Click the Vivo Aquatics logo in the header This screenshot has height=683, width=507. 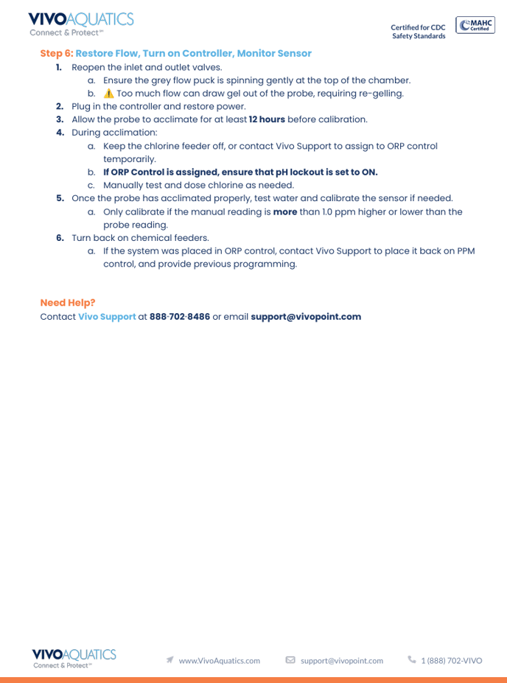(x=81, y=24)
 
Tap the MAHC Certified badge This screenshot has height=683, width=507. (x=475, y=25)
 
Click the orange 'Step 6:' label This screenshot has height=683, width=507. (x=57, y=54)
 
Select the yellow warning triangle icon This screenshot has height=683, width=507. (x=109, y=94)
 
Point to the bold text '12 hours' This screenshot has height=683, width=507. (x=267, y=119)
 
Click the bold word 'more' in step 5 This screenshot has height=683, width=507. (x=285, y=212)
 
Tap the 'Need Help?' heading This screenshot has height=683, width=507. (x=68, y=303)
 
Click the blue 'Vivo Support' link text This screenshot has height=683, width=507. (x=107, y=317)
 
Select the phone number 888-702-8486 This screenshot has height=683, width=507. (x=180, y=317)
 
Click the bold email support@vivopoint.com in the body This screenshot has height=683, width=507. (x=306, y=317)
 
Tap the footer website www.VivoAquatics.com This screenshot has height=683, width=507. (x=220, y=661)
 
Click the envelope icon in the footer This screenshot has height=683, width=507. (x=290, y=660)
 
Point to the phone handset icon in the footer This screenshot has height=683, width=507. (x=412, y=660)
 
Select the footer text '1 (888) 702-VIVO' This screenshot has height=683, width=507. (x=452, y=661)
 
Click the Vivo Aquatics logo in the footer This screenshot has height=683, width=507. (x=74, y=658)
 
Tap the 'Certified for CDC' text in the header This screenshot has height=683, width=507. (x=418, y=27)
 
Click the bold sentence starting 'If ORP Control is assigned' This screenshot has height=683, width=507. (x=240, y=172)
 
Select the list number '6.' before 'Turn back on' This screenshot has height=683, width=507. (x=60, y=238)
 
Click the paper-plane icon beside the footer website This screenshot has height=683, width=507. (x=170, y=660)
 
